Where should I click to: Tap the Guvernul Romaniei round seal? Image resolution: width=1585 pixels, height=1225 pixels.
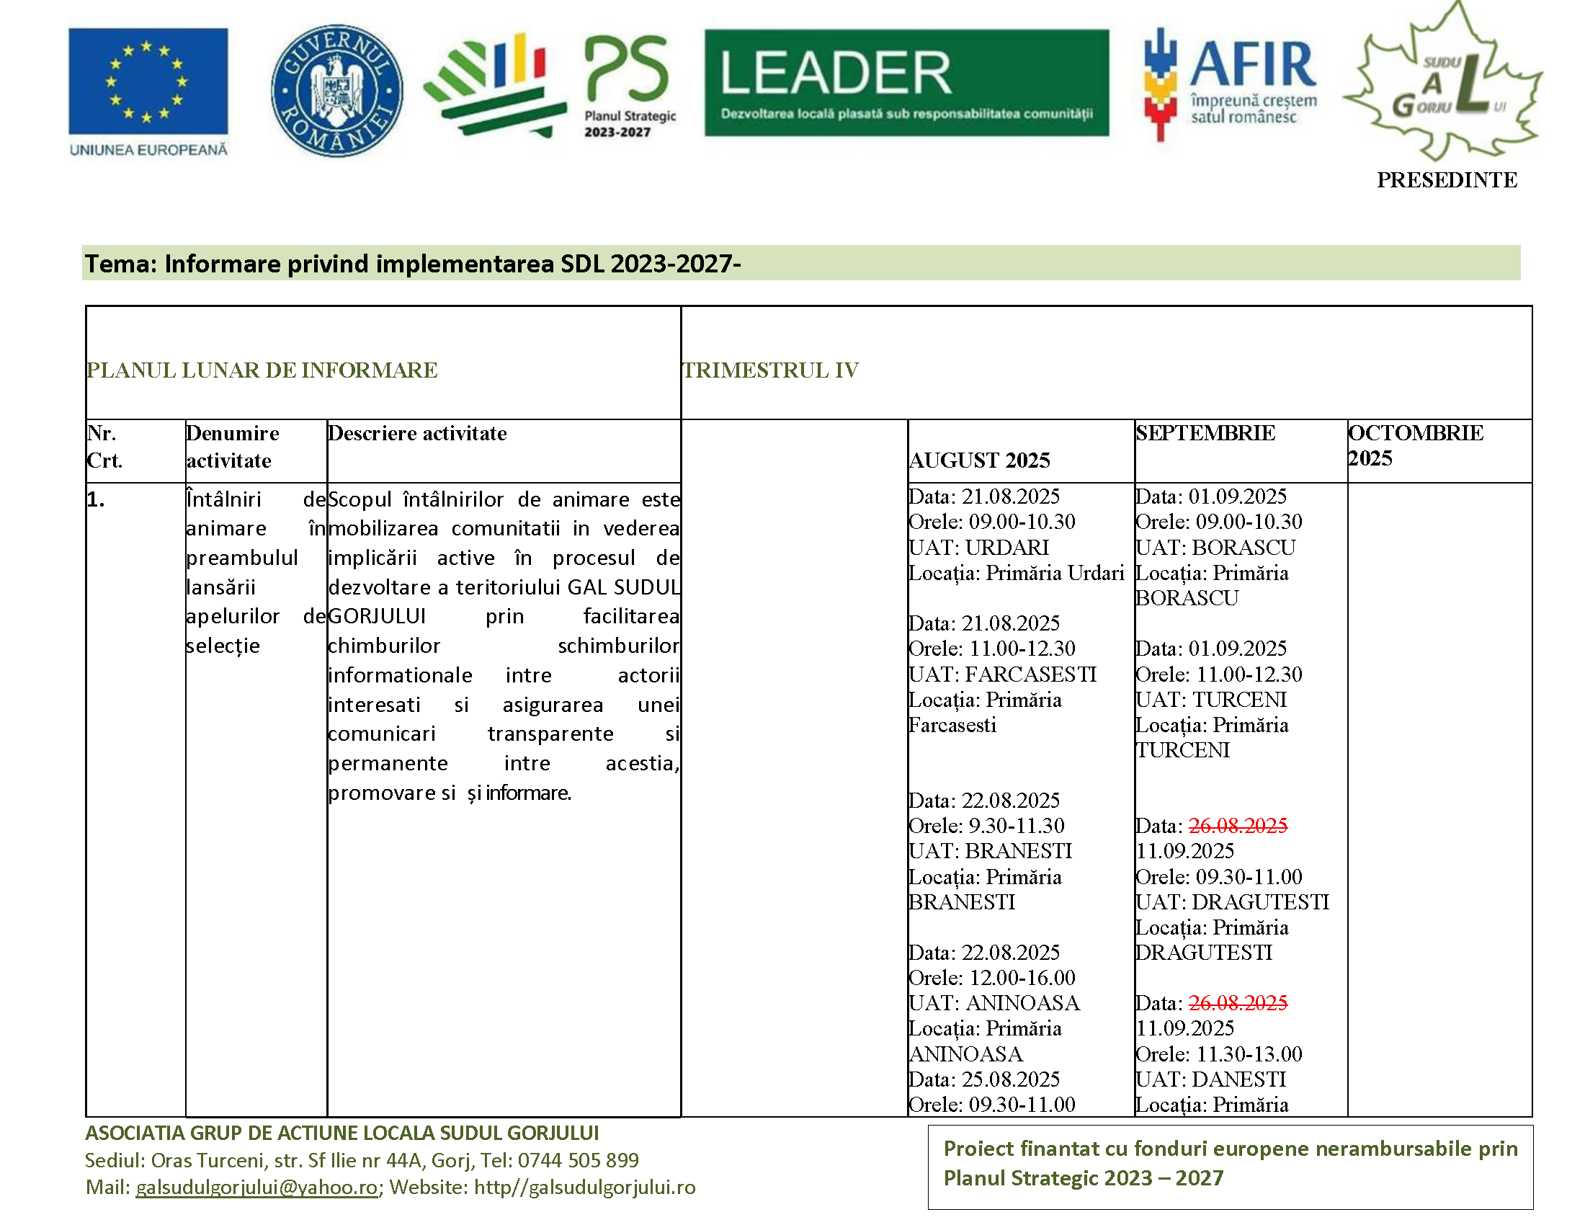pyautogui.click(x=336, y=91)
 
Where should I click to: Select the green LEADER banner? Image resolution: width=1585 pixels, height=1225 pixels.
pyautogui.click(x=906, y=83)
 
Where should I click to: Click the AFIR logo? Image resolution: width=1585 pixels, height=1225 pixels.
pyautogui.click(x=1229, y=84)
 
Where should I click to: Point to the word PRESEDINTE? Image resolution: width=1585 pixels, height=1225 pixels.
pyautogui.click(x=1447, y=180)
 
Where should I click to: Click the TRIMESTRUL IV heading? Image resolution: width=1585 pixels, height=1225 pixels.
pyautogui.click(x=771, y=370)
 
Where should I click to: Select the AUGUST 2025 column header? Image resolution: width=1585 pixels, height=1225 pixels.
pyautogui.click(x=980, y=460)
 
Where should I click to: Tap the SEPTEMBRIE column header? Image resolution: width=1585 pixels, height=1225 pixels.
pyautogui.click(x=1205, y=433)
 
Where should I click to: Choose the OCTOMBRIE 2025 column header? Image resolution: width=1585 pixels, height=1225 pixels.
pyautogui.click(x=1415, y=445)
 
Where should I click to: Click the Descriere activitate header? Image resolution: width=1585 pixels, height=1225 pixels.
pyautogui.click(x=417, y=433)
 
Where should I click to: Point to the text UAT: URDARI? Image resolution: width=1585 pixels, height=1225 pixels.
pyautogui.click(x=978, y=547)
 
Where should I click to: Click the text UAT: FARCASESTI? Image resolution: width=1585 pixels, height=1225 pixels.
pyautogui.click(x=1002, y=674)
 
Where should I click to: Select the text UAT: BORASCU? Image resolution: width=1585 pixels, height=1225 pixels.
pyautogui.click(x=1215, y=547)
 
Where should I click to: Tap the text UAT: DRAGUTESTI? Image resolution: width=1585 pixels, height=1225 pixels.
pyautogui.click(x=1231, y=902)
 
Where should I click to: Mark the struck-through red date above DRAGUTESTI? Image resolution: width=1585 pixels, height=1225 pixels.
pyautogui.click(x=1237, y=826)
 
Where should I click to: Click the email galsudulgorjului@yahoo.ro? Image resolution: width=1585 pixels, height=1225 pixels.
pyautogui.click(x=257, y=1188)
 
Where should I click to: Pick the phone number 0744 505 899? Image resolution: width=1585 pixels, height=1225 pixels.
pyautogui.click(x=578, y=1160)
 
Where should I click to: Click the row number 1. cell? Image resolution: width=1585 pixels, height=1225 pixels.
pyautogui.click(x=96, y=499)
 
